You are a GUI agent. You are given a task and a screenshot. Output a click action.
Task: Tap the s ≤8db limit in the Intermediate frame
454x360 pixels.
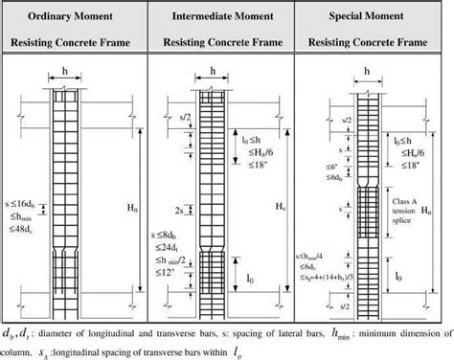tap(170, 233)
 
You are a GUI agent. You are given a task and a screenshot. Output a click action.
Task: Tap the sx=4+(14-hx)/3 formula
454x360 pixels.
tap(322, 278)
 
